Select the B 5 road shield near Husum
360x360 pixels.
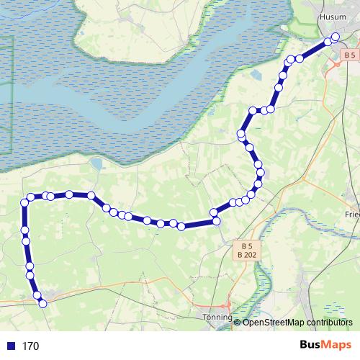click(350, 55)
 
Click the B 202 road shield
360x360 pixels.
click(245, 253)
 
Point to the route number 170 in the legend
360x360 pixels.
click(30, 346)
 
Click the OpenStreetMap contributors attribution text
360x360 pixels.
click(297, 322)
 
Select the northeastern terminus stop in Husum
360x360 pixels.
click(335, 38)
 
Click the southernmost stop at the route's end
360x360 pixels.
click(42, 304)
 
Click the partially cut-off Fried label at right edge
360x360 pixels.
click(352, 215)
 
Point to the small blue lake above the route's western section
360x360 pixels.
click(96, 166)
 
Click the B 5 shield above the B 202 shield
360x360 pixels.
click(245, 243)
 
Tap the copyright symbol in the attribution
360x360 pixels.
click(238, 322)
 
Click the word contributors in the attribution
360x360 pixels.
click(327, 322)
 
